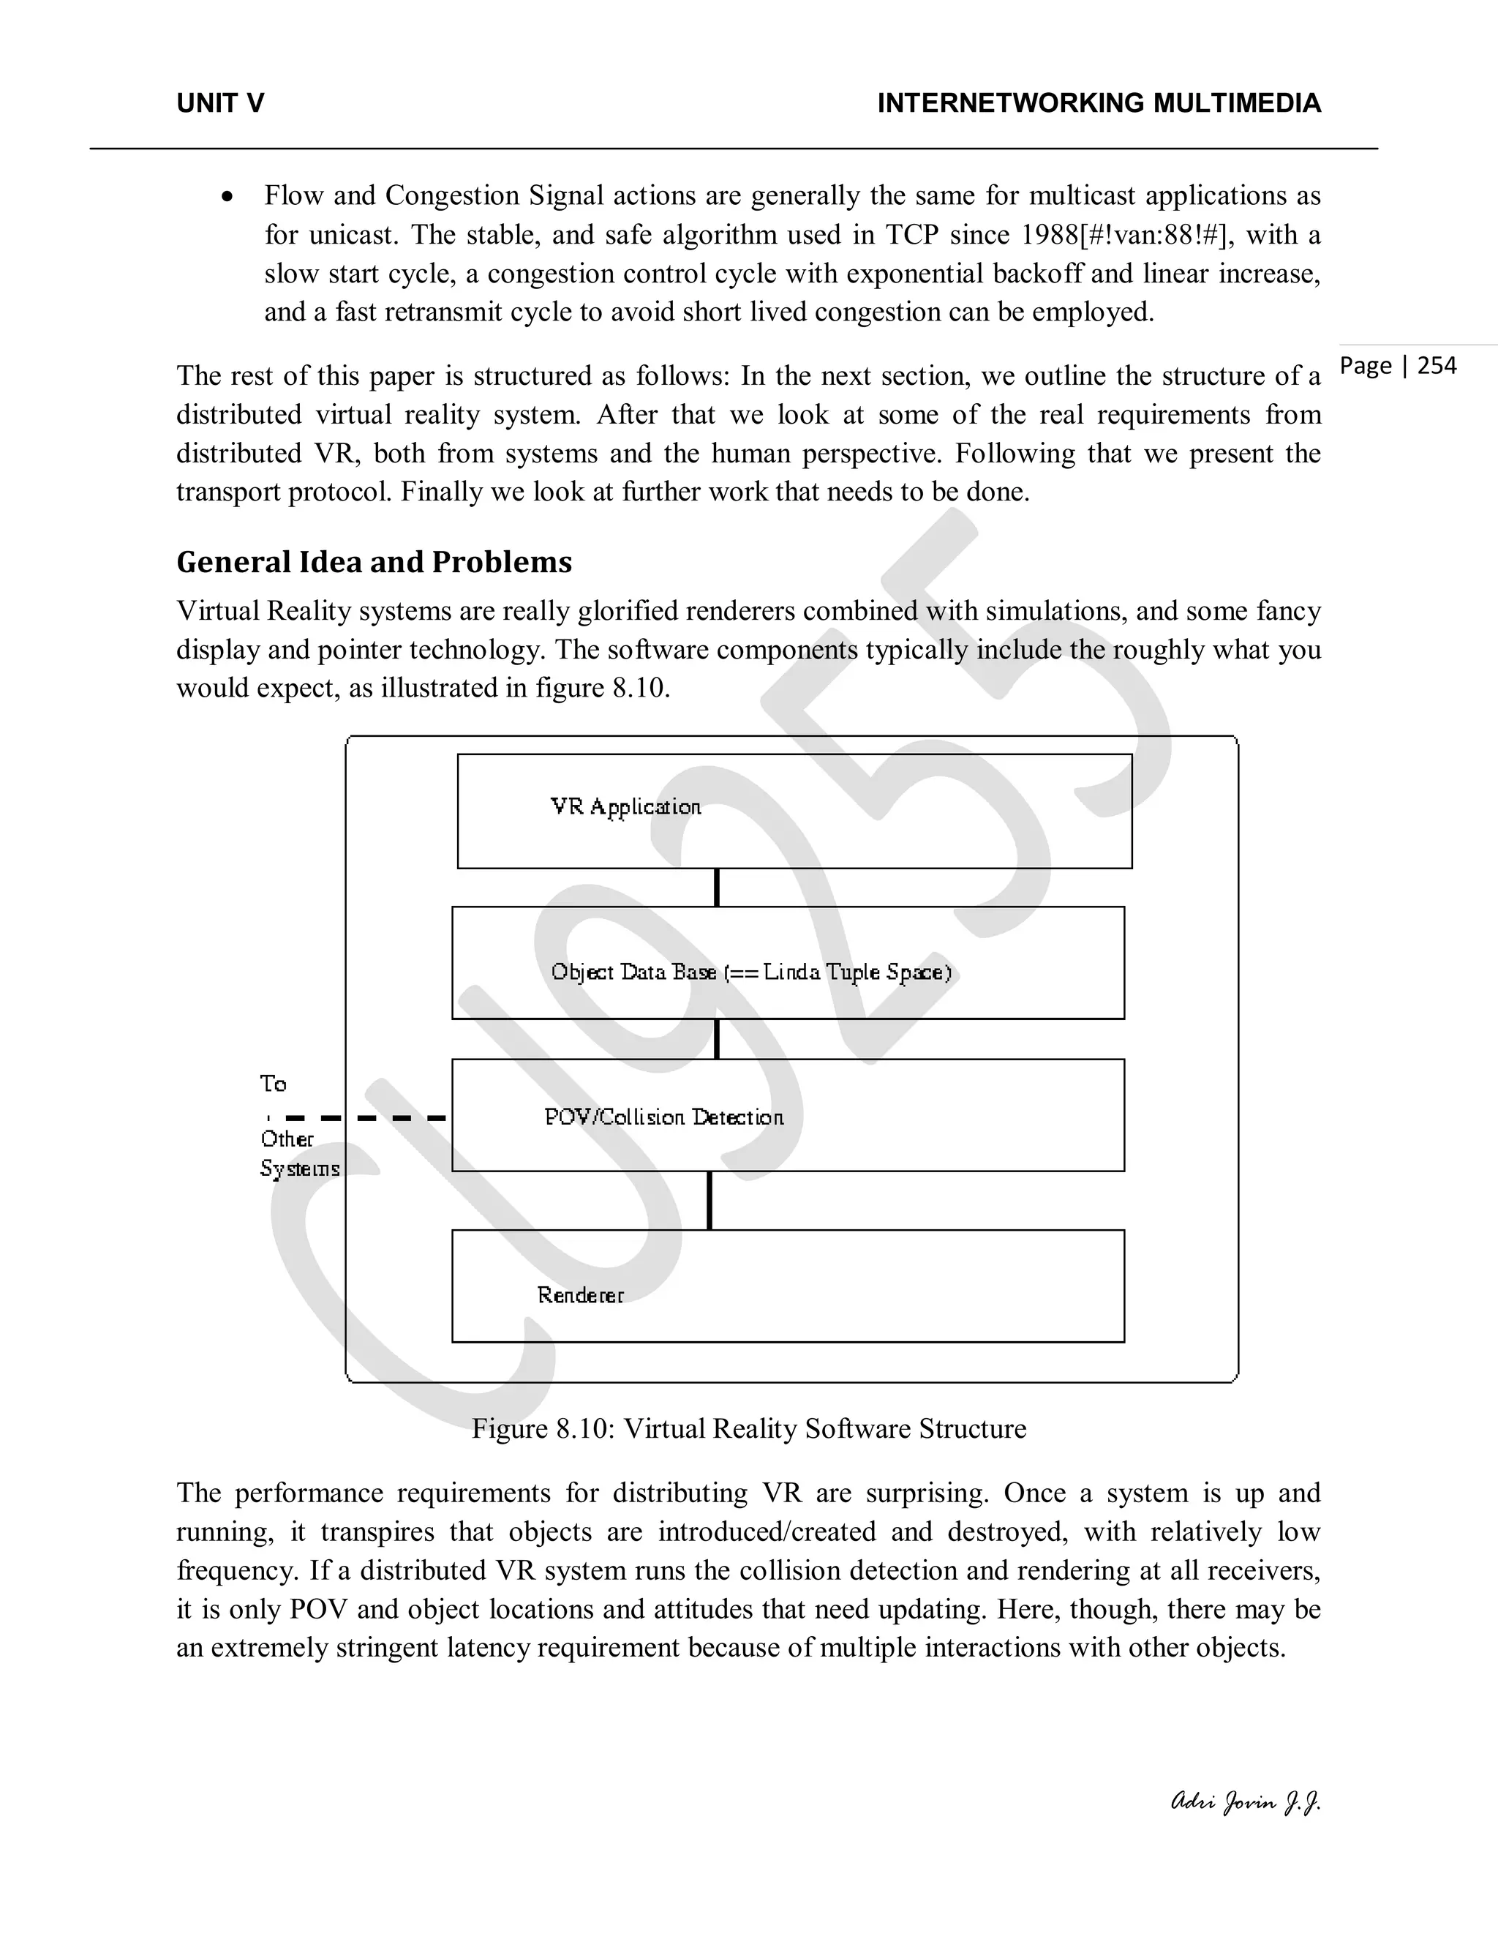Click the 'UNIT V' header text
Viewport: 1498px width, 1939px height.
coord(220,104)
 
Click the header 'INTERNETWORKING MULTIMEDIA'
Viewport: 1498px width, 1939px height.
coord(1099,104)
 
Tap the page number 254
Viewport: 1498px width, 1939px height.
coord(1437,366)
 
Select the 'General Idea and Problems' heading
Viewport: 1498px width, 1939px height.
coord(374,562)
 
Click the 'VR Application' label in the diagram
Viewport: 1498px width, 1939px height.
coord(625,807)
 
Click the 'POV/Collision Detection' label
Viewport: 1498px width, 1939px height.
coord(664,1117)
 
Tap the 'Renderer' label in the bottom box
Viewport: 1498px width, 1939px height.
coord(580,1295)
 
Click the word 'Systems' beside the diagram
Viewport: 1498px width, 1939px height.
coord(300,1169)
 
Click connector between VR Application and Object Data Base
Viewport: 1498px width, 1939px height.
coord(716,887)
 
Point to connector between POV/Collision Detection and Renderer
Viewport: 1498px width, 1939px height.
coord(709,1200)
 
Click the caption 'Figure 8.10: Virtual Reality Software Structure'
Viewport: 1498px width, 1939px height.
coord(749,1428)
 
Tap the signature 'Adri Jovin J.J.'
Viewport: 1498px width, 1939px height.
coord(1246,1801)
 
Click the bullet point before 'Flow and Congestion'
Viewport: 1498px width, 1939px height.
coord(228,197)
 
